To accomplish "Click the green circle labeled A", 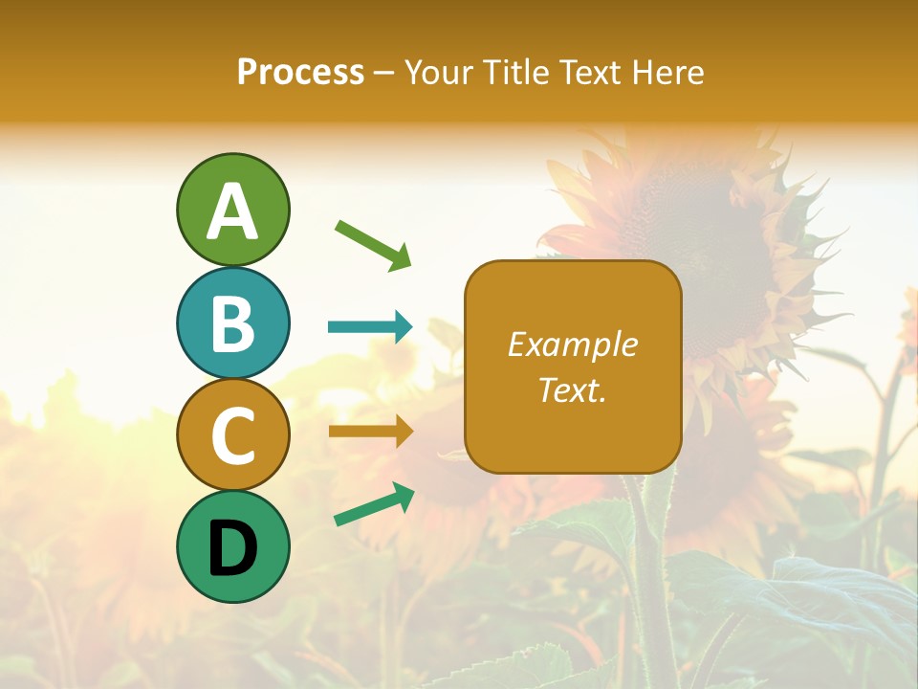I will tap(232, 210).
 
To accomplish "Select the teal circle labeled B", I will tap(232, 322).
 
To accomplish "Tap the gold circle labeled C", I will tap(232, 434).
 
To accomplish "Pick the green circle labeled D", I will tap(232, 546).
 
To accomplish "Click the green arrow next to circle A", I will tap(373, 244).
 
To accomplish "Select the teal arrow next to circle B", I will tap(370, 327).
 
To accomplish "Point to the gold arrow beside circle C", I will tap(370, 432).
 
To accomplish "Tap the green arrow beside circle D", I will tap(374, 504).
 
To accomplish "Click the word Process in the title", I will tap(300, 72).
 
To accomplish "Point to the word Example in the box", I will tap(572, 344).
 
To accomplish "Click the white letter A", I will tap(232, 211).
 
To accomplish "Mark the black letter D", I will tap(232, 547).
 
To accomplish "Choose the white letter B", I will tap(232, 323).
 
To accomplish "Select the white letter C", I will tap(232, 435).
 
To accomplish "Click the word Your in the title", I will tap(436, 72).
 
